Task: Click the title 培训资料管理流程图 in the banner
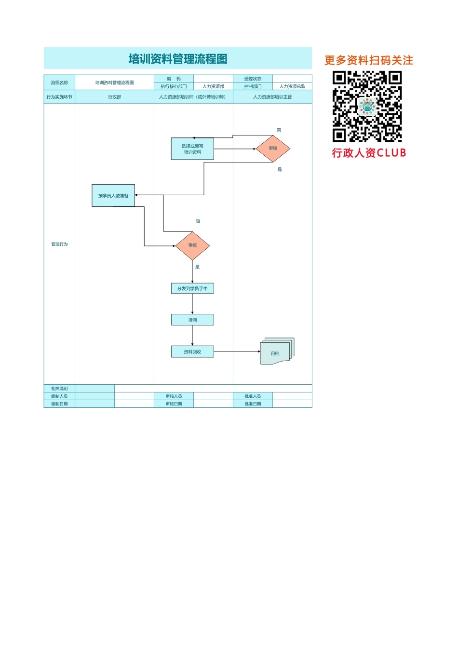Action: coord(178,59)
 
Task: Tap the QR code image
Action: coord(367,106)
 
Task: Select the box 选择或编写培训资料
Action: coord(192,149)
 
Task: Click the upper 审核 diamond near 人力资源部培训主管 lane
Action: coord(273,148)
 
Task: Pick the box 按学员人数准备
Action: coord(113,196)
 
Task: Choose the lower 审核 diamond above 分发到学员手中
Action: coord(192,245)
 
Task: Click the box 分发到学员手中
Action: coord(192,288)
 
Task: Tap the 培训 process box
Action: coord(192,320)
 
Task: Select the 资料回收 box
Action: coord(192,352)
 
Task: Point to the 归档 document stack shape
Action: coord(276,352)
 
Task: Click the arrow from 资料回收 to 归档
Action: coord(237,351)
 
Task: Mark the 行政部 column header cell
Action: coord(115,97)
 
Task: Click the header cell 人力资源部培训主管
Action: coord(272,97)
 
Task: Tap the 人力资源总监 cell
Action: coord(292,86)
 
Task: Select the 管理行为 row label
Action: coord(59,244)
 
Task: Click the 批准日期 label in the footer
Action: coord(253,404)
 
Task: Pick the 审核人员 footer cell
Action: coord(174,396)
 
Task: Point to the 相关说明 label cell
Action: coord(59,389)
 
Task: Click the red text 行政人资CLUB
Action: coord(369,153)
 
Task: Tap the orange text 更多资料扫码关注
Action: coord(369,60)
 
